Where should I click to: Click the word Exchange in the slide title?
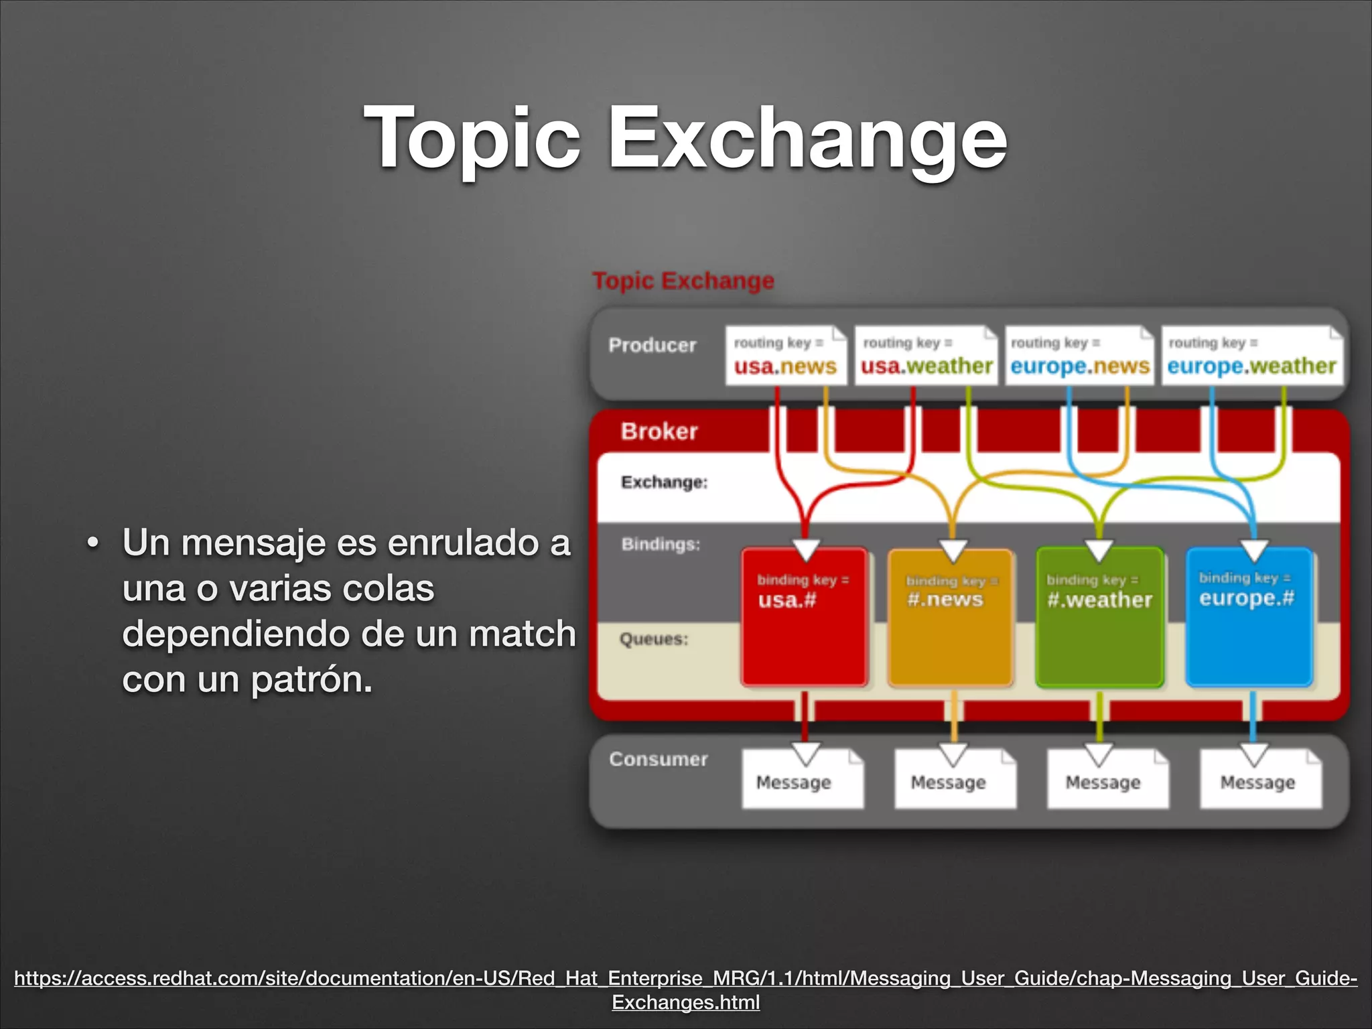[x=807, y=139]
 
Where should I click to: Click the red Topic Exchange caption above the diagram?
[x=683, y=280]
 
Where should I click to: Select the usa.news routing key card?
[x=784, y=356]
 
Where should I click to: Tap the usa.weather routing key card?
[x=926, y=356]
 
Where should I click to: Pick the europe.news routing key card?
[x=1079, y=356]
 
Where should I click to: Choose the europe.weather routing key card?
[x=1251, y=356]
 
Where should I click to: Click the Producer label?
[x=652, y=345]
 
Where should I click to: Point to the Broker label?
[x=659, y=431]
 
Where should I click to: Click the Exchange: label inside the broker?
[x=664, y=482]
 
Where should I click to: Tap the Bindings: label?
[x=661, y=544]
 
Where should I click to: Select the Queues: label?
[x=654, y=639]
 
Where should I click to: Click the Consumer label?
[x=658, y=759]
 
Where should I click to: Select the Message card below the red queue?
[x=802, y=781]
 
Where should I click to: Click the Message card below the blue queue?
[x=1259, y=781]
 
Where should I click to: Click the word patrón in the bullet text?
[x=311, y=681]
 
